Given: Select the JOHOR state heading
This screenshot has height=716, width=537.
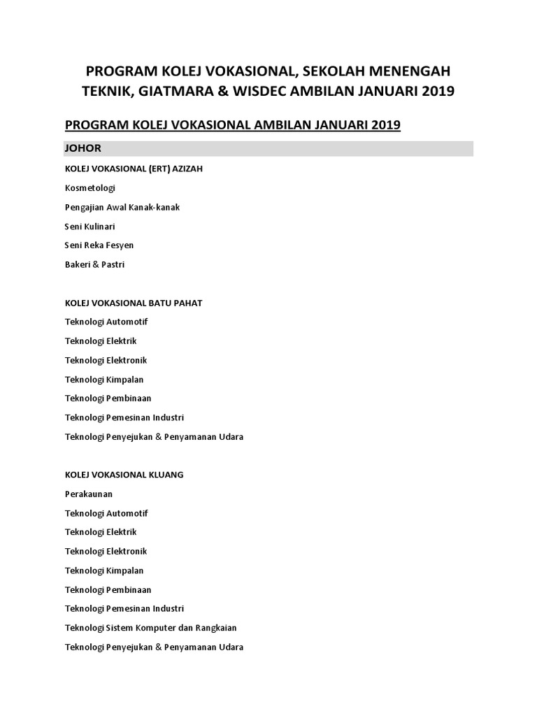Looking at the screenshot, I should (83, 148).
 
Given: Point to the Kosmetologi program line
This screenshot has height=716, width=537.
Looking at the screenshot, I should (89, 188).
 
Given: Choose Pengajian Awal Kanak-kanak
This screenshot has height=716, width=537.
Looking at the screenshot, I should (122, 208).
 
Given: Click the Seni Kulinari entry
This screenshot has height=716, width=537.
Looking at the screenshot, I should (90, 227).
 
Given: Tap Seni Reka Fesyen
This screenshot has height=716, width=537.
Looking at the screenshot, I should (99, 245).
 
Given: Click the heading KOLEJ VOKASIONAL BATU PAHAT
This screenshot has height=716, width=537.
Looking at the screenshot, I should (134, 303).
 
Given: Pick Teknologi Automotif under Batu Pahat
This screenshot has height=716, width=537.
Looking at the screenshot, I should (106, 322).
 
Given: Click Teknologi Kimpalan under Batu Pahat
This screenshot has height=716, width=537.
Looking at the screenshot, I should (104, 379).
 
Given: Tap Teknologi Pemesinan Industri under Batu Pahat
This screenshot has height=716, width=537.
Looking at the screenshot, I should (124, 417).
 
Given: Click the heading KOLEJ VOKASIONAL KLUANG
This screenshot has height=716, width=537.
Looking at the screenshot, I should (124, 475).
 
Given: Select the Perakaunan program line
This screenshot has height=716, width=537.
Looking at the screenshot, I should (89, 494).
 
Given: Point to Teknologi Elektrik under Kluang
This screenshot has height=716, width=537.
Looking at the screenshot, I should (101, 532).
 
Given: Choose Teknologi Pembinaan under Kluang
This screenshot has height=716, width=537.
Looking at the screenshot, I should (108, 589).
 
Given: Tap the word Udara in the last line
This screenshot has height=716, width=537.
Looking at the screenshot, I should (230, 647).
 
